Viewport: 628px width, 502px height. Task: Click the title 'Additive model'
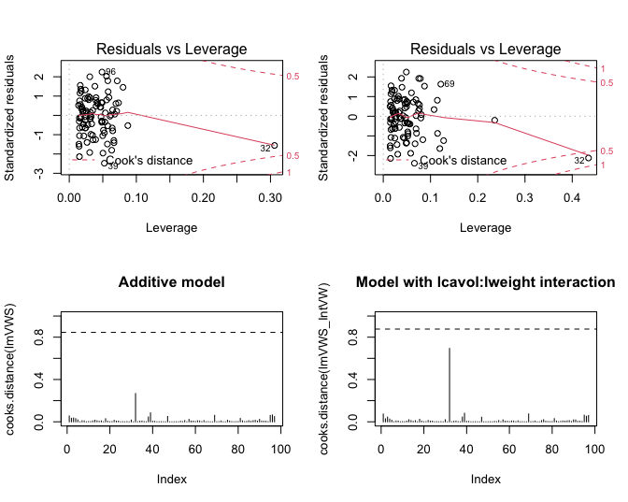[173, 282]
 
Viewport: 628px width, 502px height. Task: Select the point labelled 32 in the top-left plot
[275, 146]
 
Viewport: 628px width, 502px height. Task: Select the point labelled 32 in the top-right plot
[589, 158]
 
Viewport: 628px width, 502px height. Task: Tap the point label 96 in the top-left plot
[110, 72]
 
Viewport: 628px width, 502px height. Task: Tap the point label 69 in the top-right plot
[449, 84]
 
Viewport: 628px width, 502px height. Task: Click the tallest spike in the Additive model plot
[136, 408]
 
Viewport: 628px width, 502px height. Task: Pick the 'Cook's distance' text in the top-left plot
[150, 161]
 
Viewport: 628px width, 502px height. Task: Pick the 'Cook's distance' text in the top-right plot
[464, 161]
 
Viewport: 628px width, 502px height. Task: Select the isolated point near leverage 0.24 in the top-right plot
[495, 121]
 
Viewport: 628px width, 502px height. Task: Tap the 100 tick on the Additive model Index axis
[278, 451]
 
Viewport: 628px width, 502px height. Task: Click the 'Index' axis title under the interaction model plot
[486, 480]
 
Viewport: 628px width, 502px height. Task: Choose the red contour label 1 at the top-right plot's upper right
[604, 68]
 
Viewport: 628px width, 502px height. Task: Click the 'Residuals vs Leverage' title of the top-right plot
[487, 49]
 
